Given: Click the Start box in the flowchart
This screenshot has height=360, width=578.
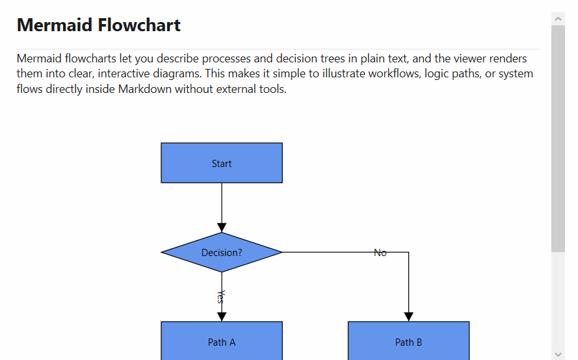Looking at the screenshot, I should tap(222, 163).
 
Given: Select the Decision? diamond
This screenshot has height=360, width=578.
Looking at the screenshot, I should tap(222, 252).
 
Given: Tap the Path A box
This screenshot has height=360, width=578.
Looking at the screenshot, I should tap(222, 342).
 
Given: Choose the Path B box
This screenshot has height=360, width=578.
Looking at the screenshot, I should tap(408, 342).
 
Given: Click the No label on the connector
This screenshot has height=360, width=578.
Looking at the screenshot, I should tap(380, 253).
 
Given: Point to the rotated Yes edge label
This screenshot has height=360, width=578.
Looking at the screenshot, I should tap(221, 297).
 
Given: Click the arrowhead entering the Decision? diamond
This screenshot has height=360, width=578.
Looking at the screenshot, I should tap(222, 227).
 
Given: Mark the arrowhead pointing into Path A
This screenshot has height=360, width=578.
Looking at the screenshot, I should tap(222, 316).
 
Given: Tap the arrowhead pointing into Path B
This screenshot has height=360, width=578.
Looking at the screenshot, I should tap(408, 316).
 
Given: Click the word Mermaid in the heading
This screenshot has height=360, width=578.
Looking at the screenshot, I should tap(55, 25).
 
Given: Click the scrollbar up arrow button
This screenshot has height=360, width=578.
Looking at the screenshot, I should tap(558, 19).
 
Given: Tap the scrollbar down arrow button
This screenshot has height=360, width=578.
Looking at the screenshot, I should tap(558, 354).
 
